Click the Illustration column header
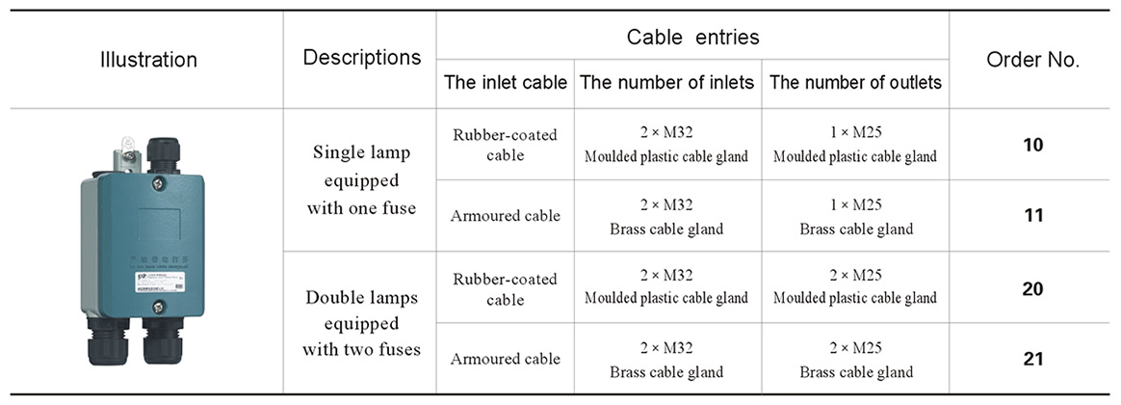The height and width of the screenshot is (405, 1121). (148, 60)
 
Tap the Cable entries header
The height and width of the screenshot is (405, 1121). (692, 38)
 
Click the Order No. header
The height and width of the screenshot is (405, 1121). (1032, 60)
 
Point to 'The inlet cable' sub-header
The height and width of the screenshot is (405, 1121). (505, 83)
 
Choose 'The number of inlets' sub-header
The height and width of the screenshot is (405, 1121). (666, 83)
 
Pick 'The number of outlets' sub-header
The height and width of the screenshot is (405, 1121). (855, 83)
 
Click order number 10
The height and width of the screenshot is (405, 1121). (1032, 145)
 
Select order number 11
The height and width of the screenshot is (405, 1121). (1032, 216)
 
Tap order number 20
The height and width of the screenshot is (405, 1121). (1032, 288)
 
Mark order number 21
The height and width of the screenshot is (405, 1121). (1032, 359)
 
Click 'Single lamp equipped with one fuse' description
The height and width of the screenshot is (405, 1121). (361, 179)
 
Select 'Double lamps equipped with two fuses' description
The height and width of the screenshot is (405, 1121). (361, 323)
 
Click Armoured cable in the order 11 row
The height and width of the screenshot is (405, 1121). (505, 216)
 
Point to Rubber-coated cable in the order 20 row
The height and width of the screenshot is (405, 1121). (505, 288)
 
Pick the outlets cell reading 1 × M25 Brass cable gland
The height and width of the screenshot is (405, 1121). (855, 216)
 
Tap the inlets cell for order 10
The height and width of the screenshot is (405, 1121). (666, 145)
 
